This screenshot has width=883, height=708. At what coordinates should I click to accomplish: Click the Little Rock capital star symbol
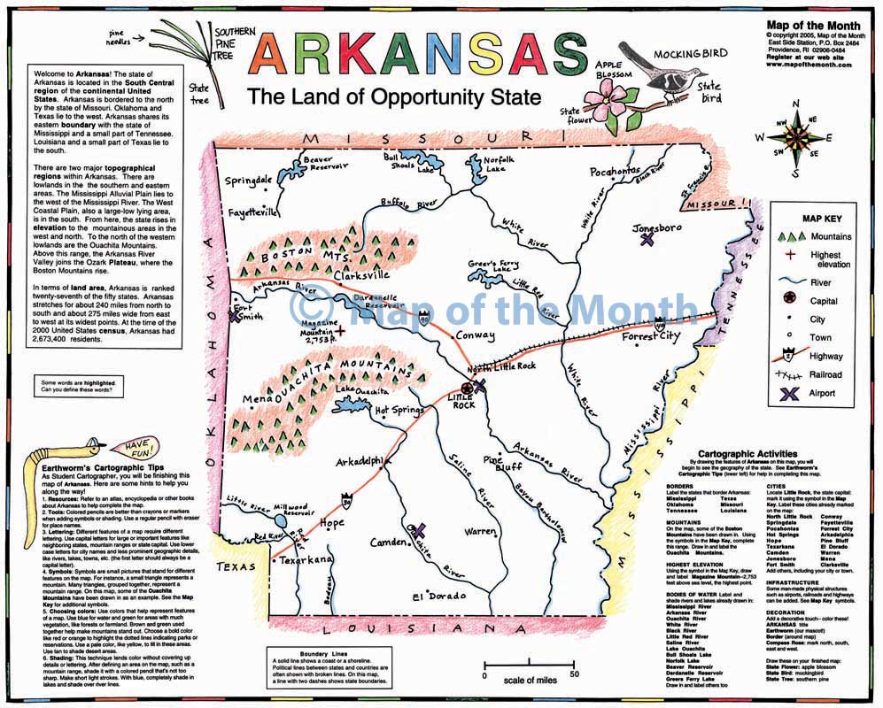tap(467, 388)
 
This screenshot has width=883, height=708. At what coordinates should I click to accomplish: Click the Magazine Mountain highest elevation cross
tap(340, 330)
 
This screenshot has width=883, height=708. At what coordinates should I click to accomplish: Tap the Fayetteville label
tap(252, 213)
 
